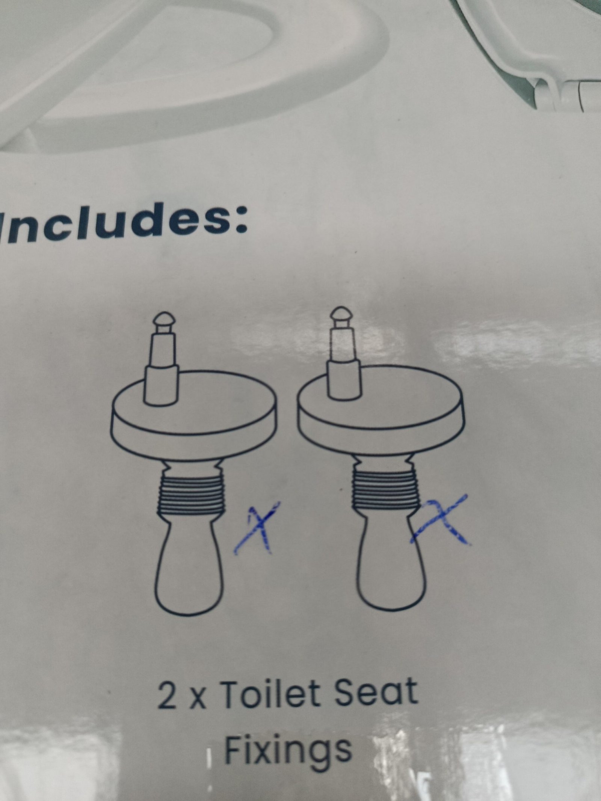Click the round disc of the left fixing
click(195, 421)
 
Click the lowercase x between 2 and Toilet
click(197, 698)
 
